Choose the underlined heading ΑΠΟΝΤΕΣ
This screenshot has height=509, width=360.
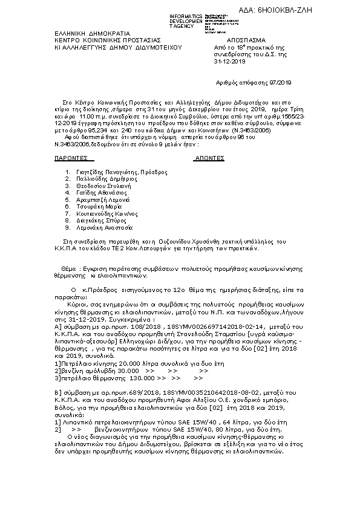[x=208, y=158]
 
